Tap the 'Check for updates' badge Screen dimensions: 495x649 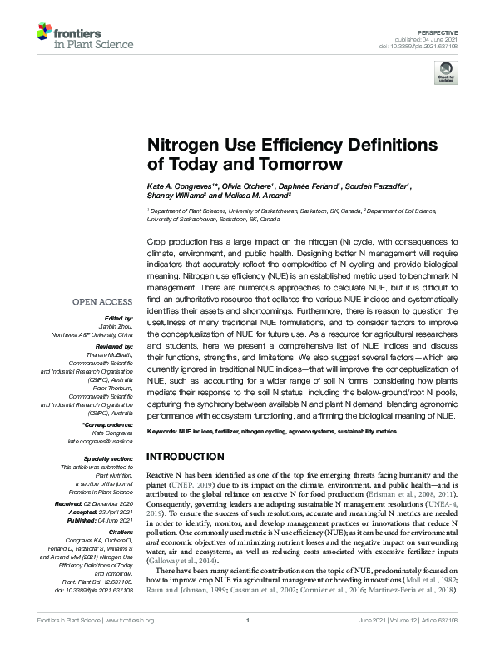pyautogui.click(x=446, y=72)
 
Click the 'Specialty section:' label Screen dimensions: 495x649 pyautogui.click(x=109, y=459)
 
